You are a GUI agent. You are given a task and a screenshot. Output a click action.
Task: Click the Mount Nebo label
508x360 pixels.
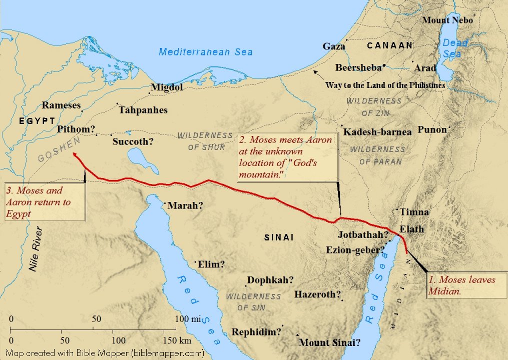447,20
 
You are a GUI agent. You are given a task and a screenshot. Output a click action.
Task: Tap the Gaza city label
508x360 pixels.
333,46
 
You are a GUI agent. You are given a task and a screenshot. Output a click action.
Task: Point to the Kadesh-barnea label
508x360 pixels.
377,132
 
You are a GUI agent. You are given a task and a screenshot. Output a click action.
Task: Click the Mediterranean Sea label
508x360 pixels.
205,51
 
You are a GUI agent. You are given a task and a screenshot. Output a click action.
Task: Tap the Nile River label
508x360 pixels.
37,248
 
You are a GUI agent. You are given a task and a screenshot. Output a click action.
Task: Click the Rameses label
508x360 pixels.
61,105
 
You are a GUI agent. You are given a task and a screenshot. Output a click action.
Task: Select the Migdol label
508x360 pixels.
167,87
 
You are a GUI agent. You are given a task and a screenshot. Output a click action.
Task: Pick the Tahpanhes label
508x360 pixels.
143,110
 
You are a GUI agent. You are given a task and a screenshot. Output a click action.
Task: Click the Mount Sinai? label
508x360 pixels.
330,343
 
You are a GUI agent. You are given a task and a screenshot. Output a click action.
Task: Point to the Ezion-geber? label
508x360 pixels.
355,249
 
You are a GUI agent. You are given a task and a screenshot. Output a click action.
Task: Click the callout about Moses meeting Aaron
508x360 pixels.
287,157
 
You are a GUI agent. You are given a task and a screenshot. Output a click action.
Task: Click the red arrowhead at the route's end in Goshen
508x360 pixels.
75,155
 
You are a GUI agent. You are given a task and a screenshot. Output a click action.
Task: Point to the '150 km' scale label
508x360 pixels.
177,341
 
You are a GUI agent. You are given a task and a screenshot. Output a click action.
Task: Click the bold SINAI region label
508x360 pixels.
279,238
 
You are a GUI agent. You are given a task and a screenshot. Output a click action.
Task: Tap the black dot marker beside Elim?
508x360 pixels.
196,261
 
